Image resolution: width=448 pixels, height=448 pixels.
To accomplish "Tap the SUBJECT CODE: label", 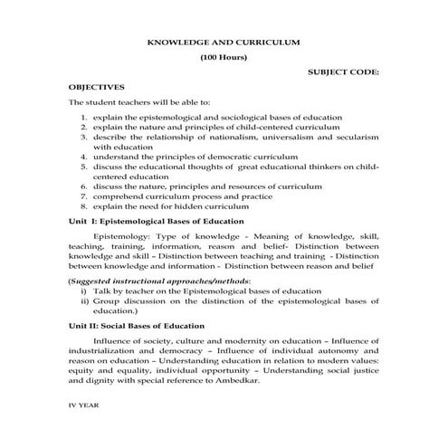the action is click(343, 71).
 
